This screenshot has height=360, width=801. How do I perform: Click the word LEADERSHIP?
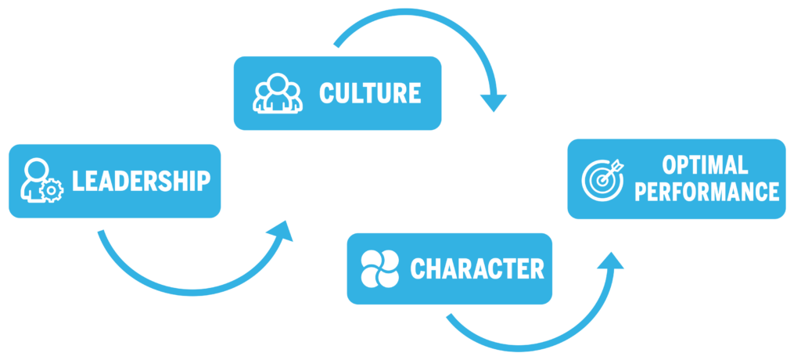point(141,181)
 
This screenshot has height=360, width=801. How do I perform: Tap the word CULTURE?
point(369,93)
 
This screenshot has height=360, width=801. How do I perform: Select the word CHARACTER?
point(476,269)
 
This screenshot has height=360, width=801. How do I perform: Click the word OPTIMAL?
point(705,165)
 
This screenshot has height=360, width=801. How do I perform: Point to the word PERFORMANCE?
point(706,192)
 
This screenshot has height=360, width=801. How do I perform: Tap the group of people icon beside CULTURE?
point(277,93)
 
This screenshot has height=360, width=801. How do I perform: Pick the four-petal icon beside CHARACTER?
point(379,268)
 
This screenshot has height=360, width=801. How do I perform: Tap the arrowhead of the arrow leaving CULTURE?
point(493,103)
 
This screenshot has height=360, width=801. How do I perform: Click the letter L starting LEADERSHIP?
point(77,181)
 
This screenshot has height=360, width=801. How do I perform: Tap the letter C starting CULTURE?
point(326,93)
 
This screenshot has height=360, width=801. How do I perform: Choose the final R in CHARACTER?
point(536,269)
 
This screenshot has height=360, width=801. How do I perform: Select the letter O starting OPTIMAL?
point(669,165)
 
